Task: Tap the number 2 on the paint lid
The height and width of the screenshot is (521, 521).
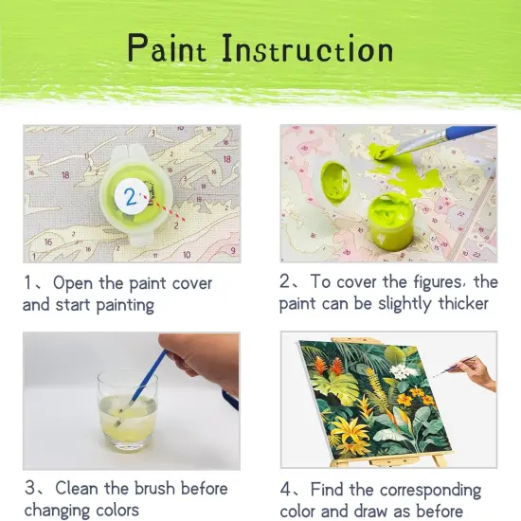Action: click(129, 195)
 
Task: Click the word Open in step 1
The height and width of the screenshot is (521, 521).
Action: click(76, 283)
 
